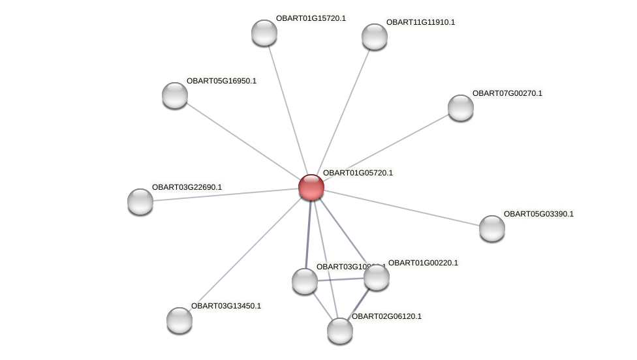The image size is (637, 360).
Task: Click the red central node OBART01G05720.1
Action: pyautogui.click(x=311, y=187)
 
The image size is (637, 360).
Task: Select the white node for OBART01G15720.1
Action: pyautogui.click(x=264, y=33)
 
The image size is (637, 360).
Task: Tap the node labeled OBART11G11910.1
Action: pyautogui.click(x=375, y=37)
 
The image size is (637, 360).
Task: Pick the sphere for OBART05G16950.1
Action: pyautogui.click(x=175, y=95)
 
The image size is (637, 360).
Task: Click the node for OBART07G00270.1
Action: pyautogui.click(x=461, y=108)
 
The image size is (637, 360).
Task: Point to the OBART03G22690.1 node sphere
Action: pyautogui.click(x=140, y=202)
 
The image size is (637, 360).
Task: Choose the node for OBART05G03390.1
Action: pyautogui.click(x=492, y=228)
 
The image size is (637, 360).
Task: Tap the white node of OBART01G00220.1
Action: pyautogui.click(x=377, y=277)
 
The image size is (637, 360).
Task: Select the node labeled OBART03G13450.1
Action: pyautogui.click(x=179, y=320)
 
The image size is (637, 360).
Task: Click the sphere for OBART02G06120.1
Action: pyautogui.click(x=340, y=331)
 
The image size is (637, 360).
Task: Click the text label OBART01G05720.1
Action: pyautogui.click(x=358, y=173)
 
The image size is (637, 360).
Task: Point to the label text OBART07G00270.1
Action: pyautogui.click(x=507, y=93)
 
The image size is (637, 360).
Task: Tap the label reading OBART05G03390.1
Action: pyautogui.click(x=538, y=214)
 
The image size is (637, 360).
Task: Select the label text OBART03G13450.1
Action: pyautogui.click(x=226, y=306)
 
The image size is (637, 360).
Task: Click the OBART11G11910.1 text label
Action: pyautogui.click(x=421, y=22)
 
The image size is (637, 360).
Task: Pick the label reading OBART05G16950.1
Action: pyautogui.click(x=221, y=81)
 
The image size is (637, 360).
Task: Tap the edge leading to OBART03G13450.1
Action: pyautogui.click(x=245, y=254)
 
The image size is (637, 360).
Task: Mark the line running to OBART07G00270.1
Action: pyautogui.click(x=385, y=147)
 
